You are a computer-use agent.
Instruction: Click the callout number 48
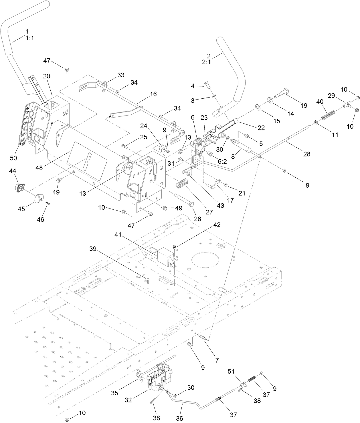pyautogui.click(x=39, y=168)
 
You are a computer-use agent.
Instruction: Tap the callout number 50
pyautogui.click(x=14, y=158)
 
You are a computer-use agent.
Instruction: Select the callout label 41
pyautogui.click(x=118, y=235)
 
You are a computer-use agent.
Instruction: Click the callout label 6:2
pyautogui.click(x=222, y=161)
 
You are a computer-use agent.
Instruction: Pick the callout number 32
pyautogui.click(x=128, y=400)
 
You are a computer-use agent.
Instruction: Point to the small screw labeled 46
pyautogui.click(x=48, y=203)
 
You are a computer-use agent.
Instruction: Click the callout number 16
pyautogui.click(x=153, y=94)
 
